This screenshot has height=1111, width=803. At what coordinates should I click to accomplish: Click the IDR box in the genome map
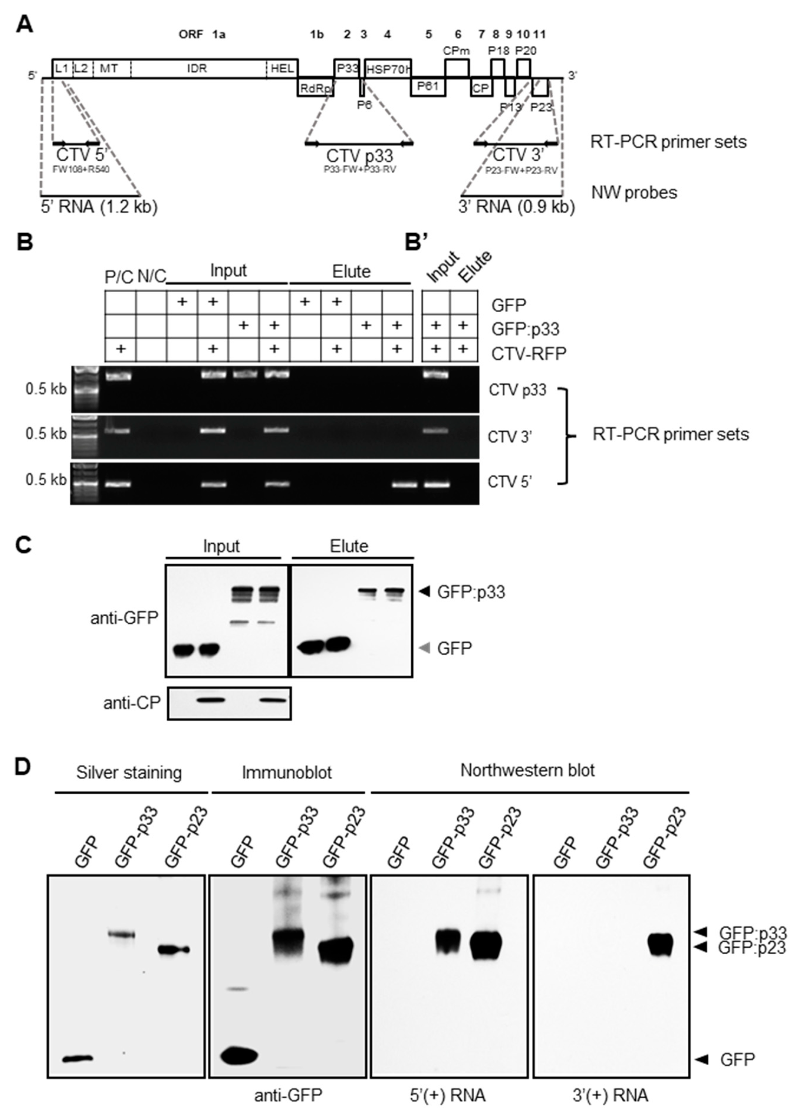coord(197,68)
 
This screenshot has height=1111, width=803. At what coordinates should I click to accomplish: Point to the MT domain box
coord(109,68)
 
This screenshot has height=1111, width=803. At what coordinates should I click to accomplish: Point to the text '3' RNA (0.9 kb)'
coord(516,207)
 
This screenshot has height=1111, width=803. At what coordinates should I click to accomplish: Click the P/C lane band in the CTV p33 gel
coord(119,376)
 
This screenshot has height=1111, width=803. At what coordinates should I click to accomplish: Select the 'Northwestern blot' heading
coord(527,770)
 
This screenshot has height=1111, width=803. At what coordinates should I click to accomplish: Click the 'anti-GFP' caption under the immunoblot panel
coord(288,1095)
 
